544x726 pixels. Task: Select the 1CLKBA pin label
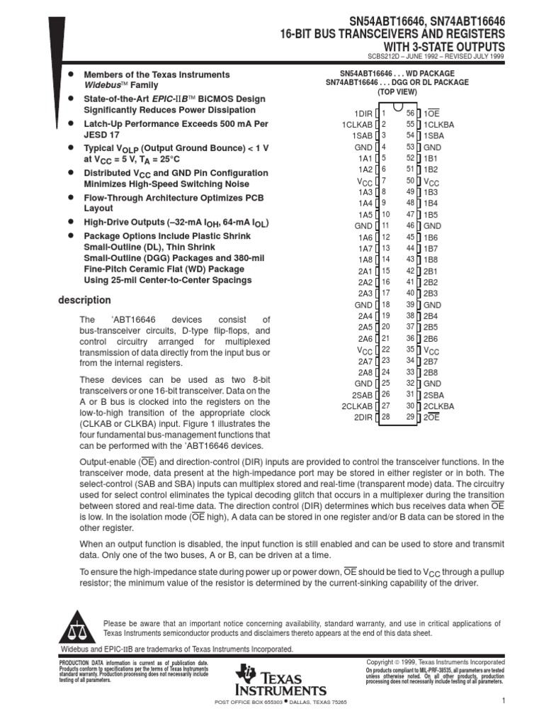[439, 125]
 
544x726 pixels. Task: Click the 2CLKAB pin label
[356, 406]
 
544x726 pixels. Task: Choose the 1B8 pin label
[431, 259]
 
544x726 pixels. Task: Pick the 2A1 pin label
[364, 271]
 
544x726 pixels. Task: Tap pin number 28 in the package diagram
[386, 417]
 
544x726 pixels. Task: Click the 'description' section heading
[84, 300]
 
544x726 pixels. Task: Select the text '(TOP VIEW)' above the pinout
[397, 92]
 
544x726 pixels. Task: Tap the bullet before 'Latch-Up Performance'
[70, 123]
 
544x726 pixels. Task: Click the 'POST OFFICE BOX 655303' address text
[243, 702]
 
